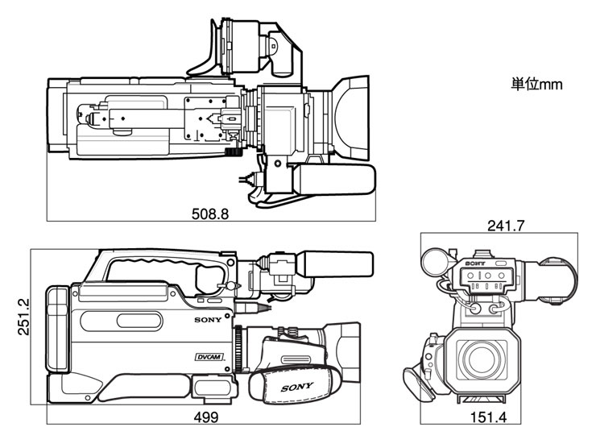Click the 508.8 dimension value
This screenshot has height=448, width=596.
[x=210, y=214]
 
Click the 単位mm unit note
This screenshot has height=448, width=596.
[x=536, y=84]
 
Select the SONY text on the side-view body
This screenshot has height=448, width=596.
[x=207, y=320]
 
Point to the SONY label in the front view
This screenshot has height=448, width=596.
[x=475, y=263]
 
